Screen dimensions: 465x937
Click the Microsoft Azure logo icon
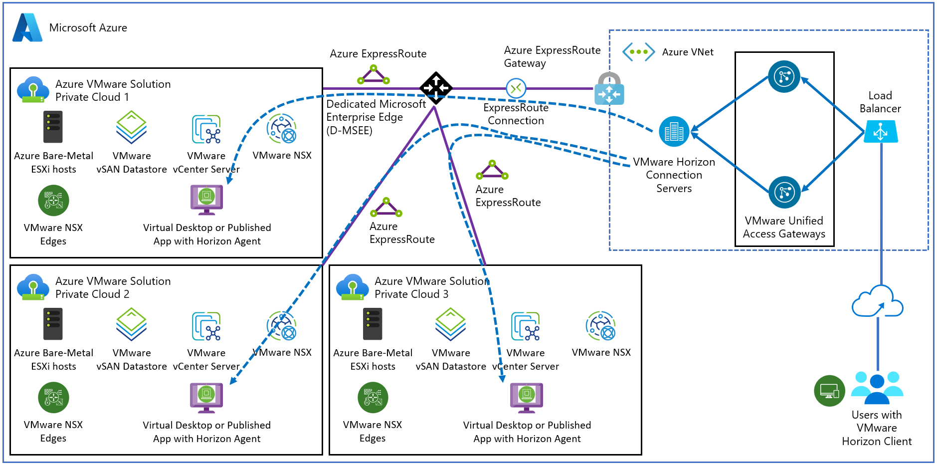[27, 27]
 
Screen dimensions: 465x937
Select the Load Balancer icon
[881, 132]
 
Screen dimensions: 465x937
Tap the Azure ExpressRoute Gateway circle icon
[516, 89]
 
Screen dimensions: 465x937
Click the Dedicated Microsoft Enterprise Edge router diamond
[436, 88]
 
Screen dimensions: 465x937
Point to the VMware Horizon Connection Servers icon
[674, 132]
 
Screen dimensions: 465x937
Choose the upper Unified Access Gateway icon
[784, 76]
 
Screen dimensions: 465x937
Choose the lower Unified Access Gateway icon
[784, 192]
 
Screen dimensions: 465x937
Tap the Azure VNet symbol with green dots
[638, 52]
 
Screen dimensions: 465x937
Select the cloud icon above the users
[878, 301]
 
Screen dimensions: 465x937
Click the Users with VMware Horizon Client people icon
[877, 387]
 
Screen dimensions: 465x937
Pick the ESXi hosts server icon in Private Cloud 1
[53, 127]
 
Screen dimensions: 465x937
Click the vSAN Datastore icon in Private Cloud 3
[451, 324]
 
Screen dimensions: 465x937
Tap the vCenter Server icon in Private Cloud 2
[206, 326]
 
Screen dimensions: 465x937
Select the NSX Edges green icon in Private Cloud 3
[373, 397]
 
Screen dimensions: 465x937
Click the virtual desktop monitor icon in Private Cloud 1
[206, 199]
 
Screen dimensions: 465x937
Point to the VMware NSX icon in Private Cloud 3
[601, 326]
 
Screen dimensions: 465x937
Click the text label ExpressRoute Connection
[516, 114]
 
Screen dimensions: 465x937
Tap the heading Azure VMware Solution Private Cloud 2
[113, 288]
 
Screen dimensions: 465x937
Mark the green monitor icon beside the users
[829, 391]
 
